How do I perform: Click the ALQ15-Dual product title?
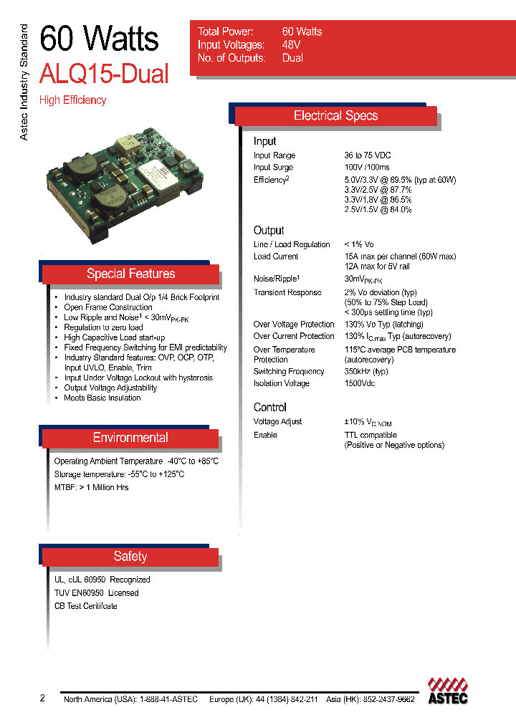click(105, 74)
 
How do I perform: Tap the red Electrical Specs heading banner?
click(335, 116)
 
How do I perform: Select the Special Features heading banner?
click(130, 274)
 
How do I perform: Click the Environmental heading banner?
click(130, 438)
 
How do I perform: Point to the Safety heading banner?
click(130, 557)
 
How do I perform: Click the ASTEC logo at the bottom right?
click(448, 691)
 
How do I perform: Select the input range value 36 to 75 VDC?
click(368, 155)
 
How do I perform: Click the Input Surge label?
click(273, 168)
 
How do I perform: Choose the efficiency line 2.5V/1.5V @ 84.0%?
click(378, 210)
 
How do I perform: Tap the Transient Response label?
click(287, 293)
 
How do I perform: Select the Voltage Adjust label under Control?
click(278, 422)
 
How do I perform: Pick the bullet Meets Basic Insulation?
click(102, 398)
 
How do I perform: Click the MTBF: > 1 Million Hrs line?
click(92, 487)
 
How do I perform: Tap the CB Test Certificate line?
click(86, 606)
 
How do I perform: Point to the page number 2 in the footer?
click(42, 698)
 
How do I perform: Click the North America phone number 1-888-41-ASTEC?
click(167, 699)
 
